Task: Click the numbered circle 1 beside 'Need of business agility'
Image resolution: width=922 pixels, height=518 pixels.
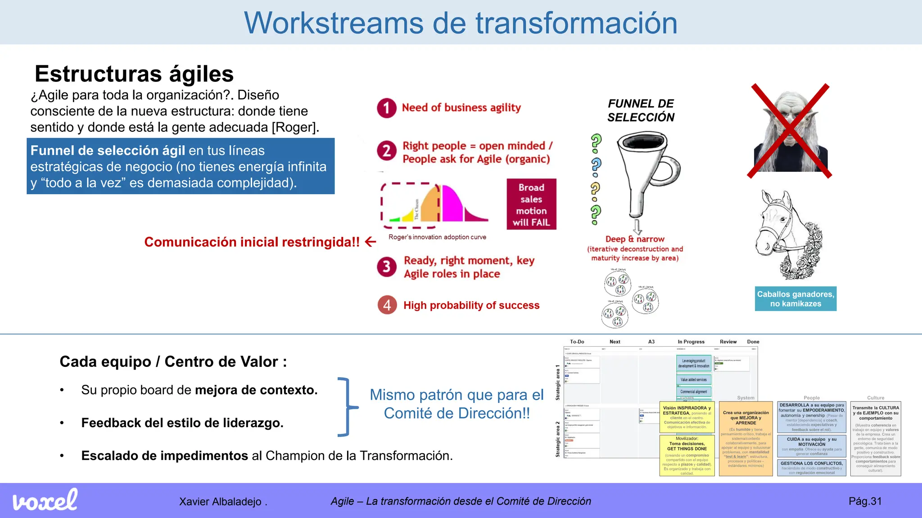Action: pyautogui.click(x=386, y=108)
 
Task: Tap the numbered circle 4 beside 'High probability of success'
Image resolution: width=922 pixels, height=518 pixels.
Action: pyautogui.click(x=387, y=305)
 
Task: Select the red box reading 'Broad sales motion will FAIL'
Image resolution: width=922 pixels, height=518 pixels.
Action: pyautogui.click(x=531, y=205)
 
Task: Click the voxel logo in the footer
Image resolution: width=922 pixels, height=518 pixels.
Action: pyautogui.click(x=45, y=500)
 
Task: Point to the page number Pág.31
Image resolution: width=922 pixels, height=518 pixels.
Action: pyautogui.click(x=865, y=501)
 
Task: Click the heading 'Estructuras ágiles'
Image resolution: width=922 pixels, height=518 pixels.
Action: pyautogui.click(x=134, y=74)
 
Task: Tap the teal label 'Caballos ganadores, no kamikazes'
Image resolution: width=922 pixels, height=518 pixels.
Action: pyautogui.click(x=795, y=299)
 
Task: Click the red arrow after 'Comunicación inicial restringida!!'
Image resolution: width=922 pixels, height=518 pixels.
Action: pyautogui.click(x=371, y=242)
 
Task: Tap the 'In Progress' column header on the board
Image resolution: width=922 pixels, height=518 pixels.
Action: pyautogui.click(x=691, y=342)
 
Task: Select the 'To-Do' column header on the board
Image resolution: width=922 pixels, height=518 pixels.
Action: pyautogui.click(x=577, y=342)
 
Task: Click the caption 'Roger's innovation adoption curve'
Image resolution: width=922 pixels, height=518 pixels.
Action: pyautogui.click(x=437, y=237)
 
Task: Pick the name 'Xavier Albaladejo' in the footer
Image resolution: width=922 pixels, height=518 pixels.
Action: pyautogui.click(x=220, y=501)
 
